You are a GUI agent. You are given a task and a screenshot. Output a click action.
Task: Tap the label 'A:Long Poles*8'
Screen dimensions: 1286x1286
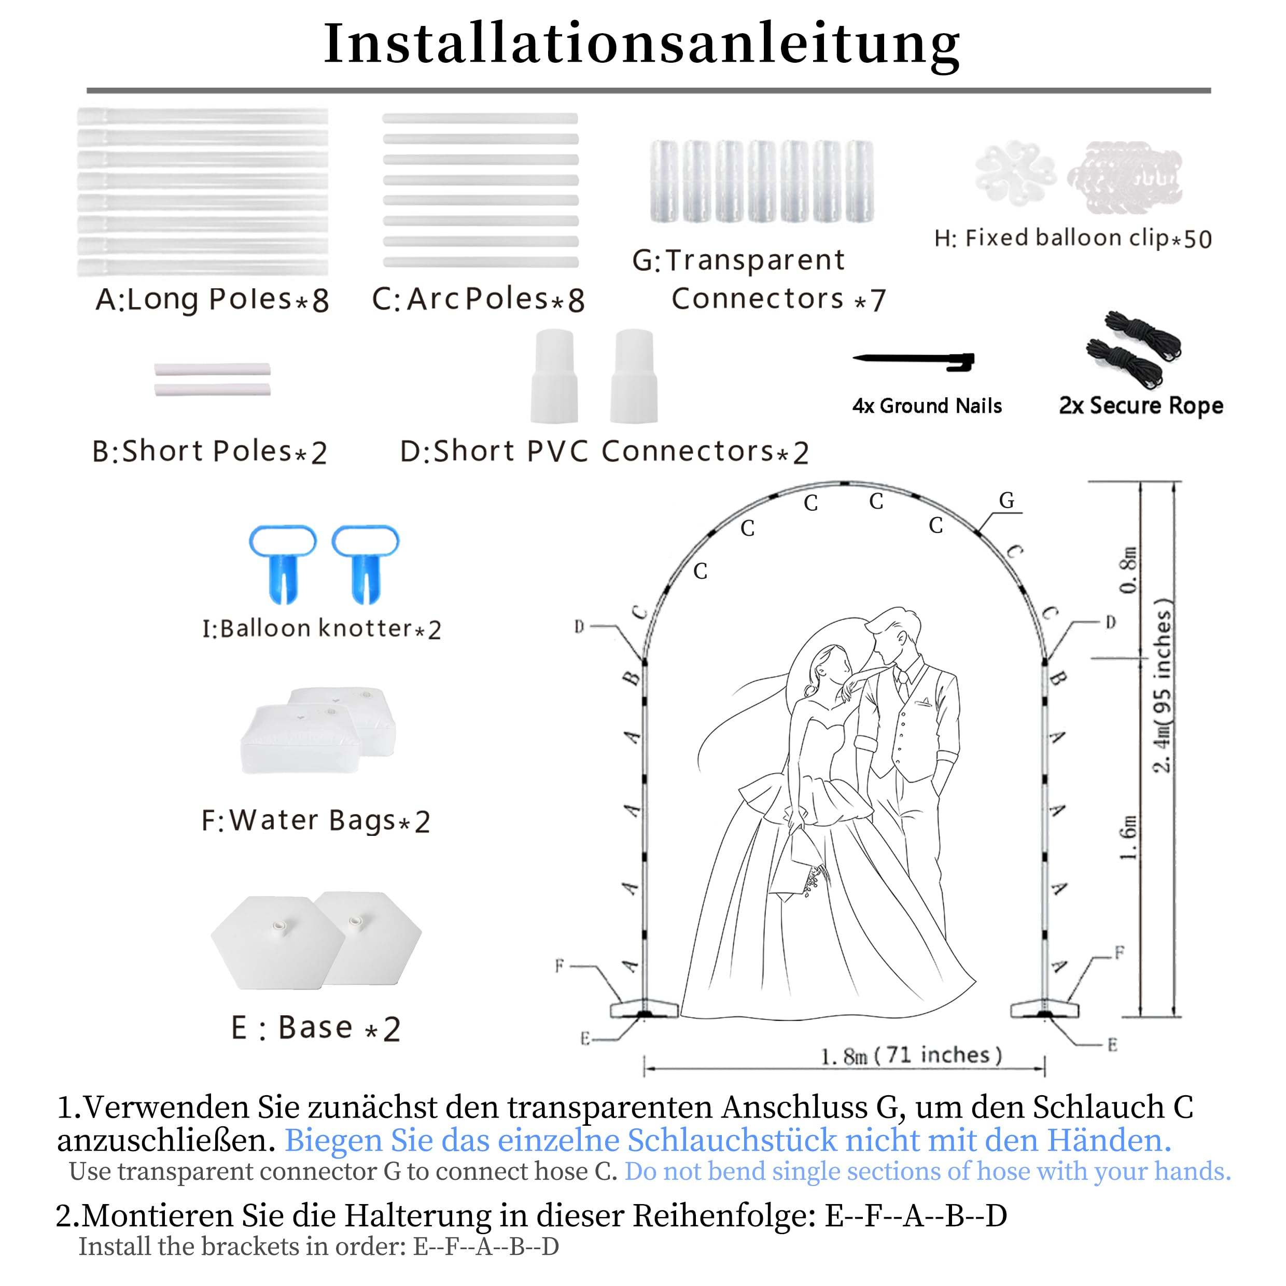(212, 300)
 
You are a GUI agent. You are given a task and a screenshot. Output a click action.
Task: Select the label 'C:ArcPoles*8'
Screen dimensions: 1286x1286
(478, 300)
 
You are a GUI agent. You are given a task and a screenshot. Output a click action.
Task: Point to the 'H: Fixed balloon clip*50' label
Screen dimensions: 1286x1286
(1072, 239)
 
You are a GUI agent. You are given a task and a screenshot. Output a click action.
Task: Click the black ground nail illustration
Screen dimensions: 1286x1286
(913, 361)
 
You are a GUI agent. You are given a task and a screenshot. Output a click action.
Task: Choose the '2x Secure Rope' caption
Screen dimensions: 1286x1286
(1141, 406)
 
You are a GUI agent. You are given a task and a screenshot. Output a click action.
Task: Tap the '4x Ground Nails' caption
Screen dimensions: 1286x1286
(927, 406)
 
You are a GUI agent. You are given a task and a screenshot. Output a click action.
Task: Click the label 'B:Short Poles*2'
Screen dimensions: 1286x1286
(209, 452)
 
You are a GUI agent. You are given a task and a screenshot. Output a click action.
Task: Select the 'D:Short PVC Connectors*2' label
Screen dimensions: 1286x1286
(604, 452)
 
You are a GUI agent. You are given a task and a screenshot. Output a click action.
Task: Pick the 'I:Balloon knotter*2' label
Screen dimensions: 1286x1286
(321, 629)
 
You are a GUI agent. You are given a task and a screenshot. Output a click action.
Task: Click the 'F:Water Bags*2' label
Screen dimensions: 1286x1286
(315, 821)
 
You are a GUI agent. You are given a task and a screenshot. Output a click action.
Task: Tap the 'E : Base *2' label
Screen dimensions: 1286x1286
(315, 1028)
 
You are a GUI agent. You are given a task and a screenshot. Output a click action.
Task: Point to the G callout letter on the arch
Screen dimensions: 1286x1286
(1007, 500)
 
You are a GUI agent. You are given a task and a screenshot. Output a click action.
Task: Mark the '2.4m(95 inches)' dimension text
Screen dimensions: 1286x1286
(1162, 686)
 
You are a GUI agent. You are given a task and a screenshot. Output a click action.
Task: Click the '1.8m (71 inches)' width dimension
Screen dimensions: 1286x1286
(911, 1056)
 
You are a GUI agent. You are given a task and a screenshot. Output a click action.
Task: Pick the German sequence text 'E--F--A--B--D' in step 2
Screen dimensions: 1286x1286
(916, 1215)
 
